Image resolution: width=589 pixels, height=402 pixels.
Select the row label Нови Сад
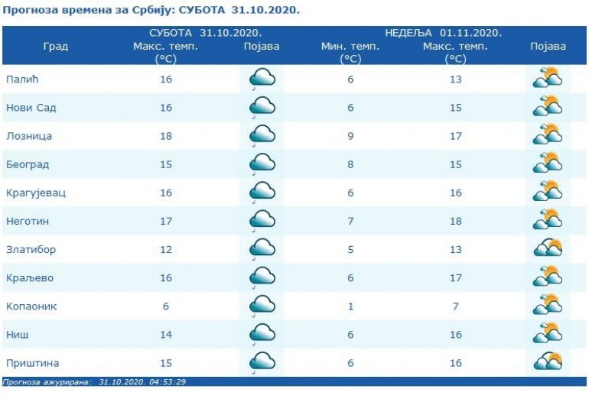click(x=31, y=108)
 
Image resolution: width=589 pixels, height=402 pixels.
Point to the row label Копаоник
click(x=31, y=306)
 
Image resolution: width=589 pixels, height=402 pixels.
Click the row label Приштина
click(x=32, y=363)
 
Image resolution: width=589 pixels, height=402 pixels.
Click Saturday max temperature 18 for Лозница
click(x=165, y=136)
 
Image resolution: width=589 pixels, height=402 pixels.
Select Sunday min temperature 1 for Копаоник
click(x=350, y=306)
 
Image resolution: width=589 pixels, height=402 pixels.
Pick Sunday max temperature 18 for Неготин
click(x=455, y=221)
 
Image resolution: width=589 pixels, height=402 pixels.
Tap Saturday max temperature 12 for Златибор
click(x=165, y=250)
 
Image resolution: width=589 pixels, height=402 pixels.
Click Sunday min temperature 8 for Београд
click(x=350, y=164)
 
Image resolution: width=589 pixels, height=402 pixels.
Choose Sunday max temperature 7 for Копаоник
click(x=455, y=306)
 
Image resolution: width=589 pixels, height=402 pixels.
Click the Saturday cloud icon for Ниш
click(x=262, y=334)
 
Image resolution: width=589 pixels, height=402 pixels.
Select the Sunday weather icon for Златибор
click(x=548, y=248)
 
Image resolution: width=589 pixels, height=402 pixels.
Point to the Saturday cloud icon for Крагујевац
click(x=262, y=192)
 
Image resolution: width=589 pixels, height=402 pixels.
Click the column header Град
click(x=54, y=47)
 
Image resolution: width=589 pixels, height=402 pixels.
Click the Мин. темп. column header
click(x=350, y=47)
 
